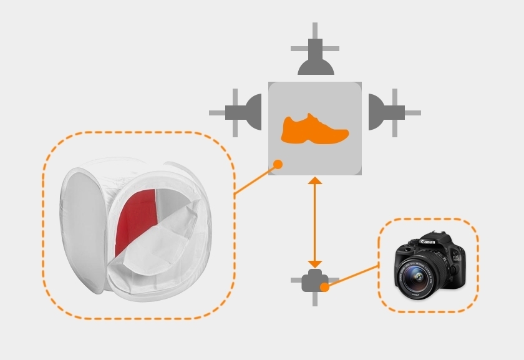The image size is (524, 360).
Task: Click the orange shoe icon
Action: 314,129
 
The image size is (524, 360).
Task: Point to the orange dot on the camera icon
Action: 324,287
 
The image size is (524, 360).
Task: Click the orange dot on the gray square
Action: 278,164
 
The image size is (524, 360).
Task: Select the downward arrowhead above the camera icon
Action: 315,264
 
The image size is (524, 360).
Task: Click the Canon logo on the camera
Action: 427,241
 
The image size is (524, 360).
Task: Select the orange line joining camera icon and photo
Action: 352,276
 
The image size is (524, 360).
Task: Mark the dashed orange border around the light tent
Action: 234,225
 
